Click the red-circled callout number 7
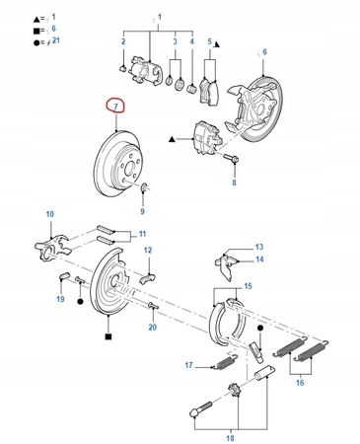coord(115,107)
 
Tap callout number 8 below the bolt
coord(234,183)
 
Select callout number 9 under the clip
coord(142,211)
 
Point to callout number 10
coord(50,214)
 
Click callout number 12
coord(148,251)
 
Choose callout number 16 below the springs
coord(300,383)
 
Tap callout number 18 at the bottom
coord(230,438)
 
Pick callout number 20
coord(153,327)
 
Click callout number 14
coord(259,259)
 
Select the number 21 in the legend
coord(56,40)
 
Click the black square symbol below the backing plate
coord(108,336)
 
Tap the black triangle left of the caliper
coord(172,139)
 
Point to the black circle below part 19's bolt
coord(80,301)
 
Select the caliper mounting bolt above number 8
coord(232,159)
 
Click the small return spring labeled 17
coord(226,362)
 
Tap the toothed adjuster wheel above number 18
coord(234,390)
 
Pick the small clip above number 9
coord(144,187)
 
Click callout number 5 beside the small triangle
coord(210,41)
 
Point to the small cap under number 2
coord(122,69)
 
